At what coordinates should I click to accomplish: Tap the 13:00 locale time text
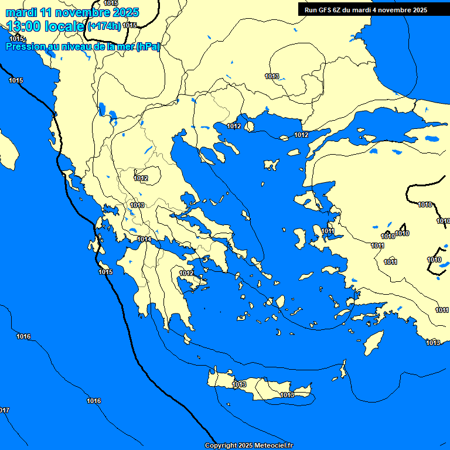click(x=46, y=26)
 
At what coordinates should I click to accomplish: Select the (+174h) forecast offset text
click(x=104, y=26)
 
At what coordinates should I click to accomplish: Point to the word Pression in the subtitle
click(x=28, y=47)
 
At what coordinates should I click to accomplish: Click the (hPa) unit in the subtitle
click(x=148, y=47)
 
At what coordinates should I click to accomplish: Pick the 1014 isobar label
click(x=144, y=240)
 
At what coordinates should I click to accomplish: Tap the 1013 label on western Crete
click(x=239, y=384)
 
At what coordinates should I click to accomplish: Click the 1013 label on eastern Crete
click(x=287, y=395)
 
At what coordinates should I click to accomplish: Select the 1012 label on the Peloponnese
click(x=186, y=273)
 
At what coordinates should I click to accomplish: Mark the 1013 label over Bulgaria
click(x=272, y=76)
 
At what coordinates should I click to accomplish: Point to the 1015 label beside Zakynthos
click(x=105, y=272)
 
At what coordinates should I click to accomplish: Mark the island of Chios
click(x=300, y=238)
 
